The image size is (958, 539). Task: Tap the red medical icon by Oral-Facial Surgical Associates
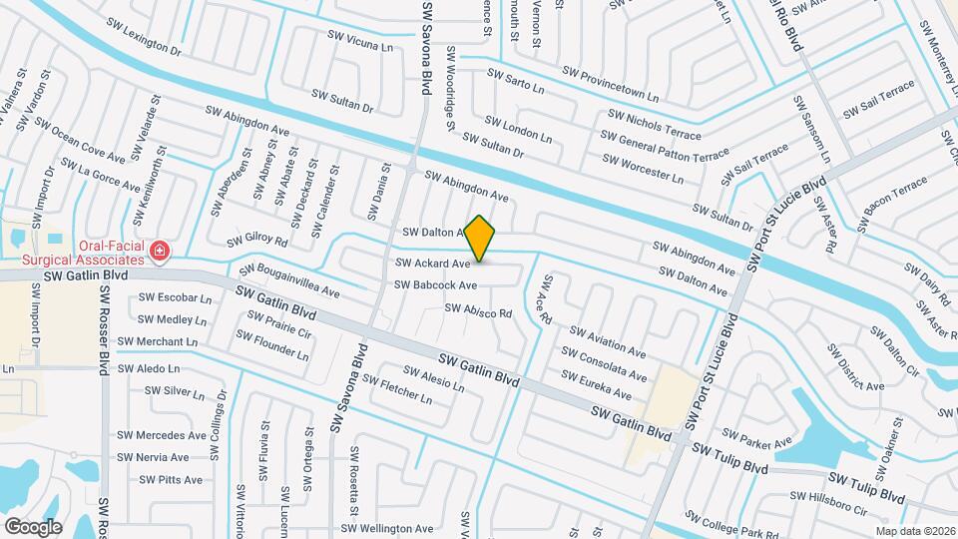[160, 250]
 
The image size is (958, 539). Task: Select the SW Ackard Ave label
[432, 264]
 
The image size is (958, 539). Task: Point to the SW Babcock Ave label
[435, 284]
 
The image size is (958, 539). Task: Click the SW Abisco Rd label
[478, 311]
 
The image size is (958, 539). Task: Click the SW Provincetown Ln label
[611, 84]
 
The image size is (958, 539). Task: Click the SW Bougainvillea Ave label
[289, 282]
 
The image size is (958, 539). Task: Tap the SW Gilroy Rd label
[257, 241]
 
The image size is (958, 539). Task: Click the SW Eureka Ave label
[596, 385]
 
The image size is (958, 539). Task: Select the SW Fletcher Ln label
[397, 389]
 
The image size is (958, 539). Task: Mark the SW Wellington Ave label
[387, 528]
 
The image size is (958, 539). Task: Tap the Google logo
[34, 526]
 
